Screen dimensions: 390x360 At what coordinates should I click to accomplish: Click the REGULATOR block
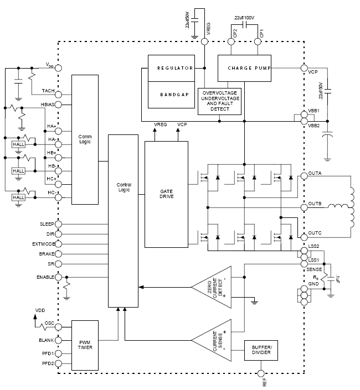(171, 68)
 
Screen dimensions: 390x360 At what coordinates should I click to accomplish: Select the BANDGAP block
(171, 95)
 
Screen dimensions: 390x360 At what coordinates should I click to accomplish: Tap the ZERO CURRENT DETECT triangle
(214, 287)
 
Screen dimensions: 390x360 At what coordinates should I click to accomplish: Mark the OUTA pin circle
(304, 177)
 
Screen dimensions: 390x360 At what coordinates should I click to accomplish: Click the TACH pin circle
(58, 92)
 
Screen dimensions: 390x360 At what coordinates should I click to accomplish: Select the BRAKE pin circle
(58, 254)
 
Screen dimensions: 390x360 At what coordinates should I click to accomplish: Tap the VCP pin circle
(304, 68)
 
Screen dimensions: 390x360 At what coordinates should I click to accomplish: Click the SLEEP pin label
(47, 224)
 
